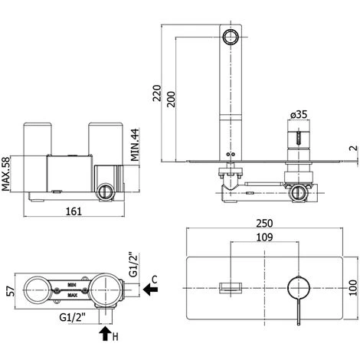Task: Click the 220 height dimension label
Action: pos(157,93)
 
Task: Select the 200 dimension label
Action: pos(172,99)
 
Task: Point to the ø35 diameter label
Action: pos(299,114)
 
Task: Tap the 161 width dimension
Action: pos(74,211)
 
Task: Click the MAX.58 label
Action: pos(5,174)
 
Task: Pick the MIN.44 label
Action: pos(135,145)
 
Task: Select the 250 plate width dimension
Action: pos(264,224)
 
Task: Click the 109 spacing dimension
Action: pos(264,237)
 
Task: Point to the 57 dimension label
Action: pos(11,291)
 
